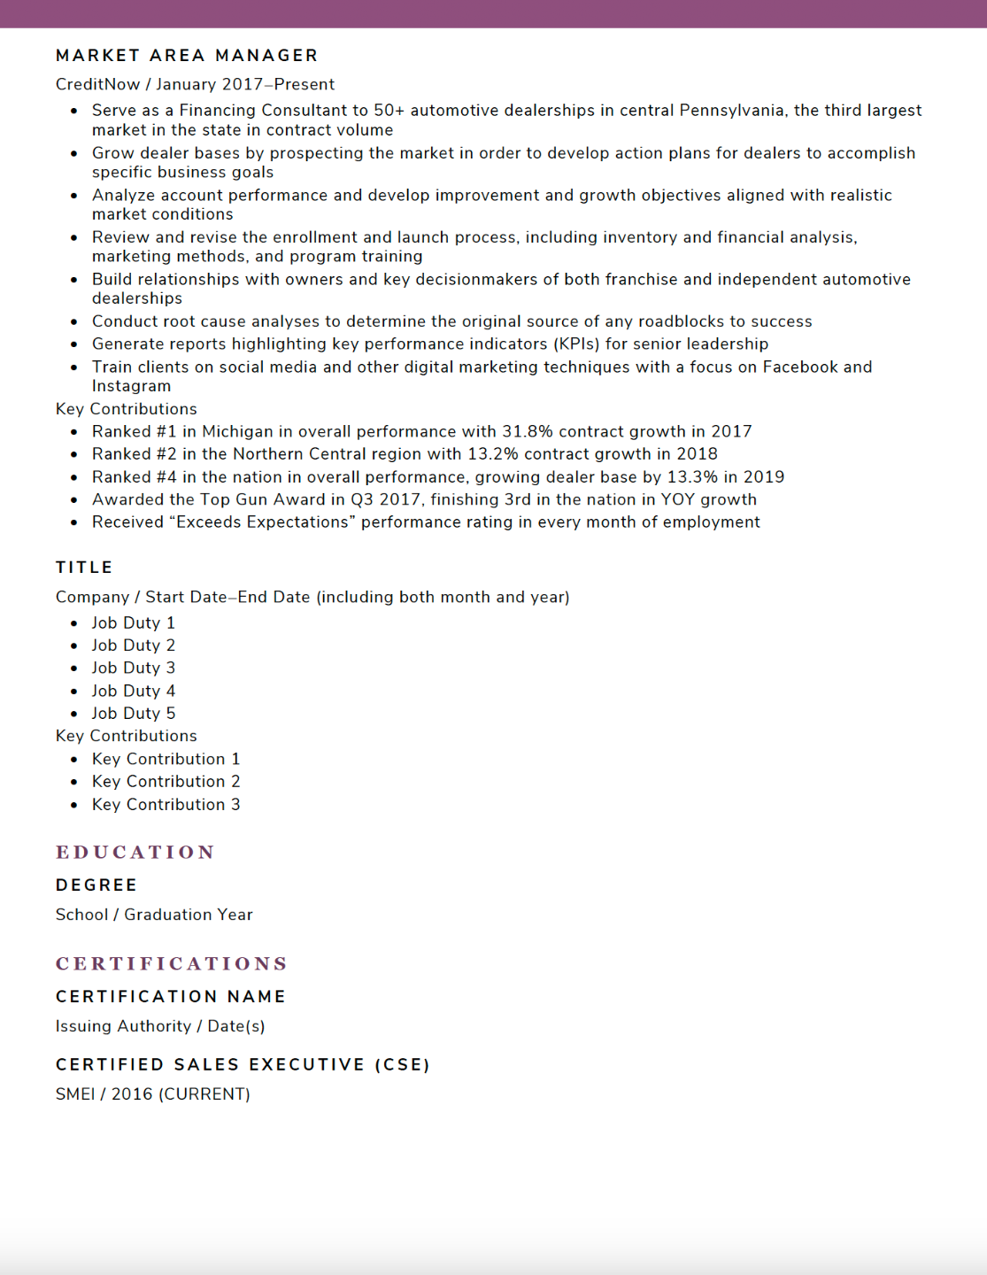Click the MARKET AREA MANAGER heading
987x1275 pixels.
pos(187,56)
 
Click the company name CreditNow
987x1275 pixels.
pos(97,85)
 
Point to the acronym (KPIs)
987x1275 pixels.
pos(576,344)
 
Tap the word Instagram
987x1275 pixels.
pos(132,386)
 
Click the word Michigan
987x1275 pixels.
pos(237,432)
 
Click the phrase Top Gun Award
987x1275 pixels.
pos(263,500)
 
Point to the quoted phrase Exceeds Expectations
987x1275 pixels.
pos(262,522)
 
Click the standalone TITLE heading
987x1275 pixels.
pos(84,568)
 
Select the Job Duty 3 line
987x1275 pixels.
pos(134,668)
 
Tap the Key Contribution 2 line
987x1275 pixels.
pos(166,782)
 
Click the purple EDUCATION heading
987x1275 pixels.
pos(135,853)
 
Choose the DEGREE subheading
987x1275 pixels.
pos(96,885)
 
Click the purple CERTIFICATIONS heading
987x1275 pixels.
pos(172,964)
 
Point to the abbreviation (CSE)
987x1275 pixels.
pos(402,1065)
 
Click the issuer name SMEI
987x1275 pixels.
pos(75,1094)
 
